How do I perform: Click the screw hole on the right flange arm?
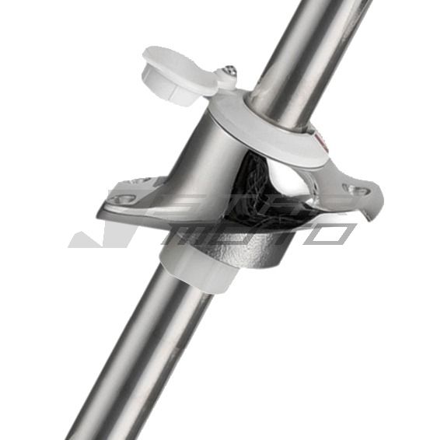point(359,189)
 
